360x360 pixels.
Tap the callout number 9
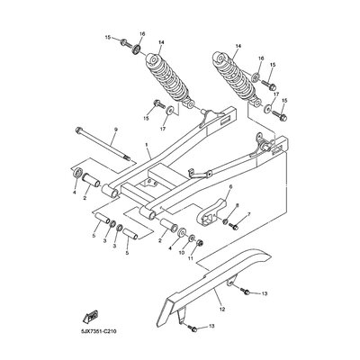tap(116, 130)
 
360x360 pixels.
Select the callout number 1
tap(147, 145)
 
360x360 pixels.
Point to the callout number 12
tap(222, 309)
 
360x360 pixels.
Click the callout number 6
tap(230, 187)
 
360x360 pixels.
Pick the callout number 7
tap(248, 214)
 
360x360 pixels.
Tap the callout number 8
tap(237, 205)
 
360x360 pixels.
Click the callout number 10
tap(182, 253)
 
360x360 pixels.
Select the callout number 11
tap(190, 257)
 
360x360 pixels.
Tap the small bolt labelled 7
tap(234, 227)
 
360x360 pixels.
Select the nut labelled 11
tap(199, 242)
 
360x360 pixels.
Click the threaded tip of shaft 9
tap(127, 157)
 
